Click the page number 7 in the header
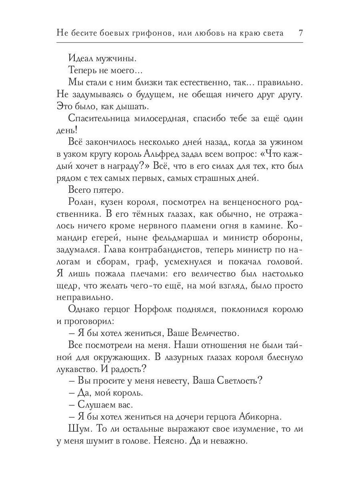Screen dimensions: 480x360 click(x=300, y=33)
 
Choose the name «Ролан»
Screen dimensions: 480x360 click(x=83, y=204)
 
